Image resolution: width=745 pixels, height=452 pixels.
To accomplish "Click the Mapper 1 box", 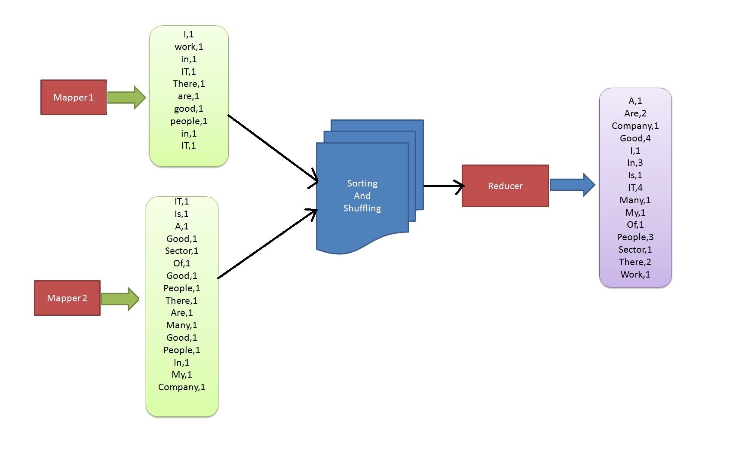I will pos(74,98).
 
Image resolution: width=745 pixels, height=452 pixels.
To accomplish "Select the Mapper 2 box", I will pos(67,298).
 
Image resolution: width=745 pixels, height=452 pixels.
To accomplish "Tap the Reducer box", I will pos(505,186).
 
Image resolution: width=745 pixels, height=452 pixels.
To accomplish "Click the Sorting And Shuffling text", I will pos(362,196).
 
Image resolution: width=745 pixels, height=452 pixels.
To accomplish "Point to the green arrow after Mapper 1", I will pos(126,98).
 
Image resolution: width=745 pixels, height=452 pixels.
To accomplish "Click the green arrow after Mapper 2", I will pos(120,299).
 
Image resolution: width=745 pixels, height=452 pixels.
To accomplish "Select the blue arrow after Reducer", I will pos(572,185).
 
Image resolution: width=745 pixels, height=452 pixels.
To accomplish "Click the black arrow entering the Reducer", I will pos(443,186).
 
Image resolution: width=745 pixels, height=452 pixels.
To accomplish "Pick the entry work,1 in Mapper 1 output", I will pos(189,47).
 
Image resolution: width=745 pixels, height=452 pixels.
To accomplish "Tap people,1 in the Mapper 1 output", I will pos(189,121).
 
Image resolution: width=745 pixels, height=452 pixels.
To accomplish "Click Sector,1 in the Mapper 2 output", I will pos(181,251).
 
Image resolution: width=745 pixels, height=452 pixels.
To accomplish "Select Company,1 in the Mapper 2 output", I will pos(181,387).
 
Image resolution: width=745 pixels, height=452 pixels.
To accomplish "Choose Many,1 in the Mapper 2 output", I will pos(181,325).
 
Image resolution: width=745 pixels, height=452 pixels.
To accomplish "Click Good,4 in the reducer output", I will pos(635,138).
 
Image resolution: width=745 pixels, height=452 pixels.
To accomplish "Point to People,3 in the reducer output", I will pos(635,237).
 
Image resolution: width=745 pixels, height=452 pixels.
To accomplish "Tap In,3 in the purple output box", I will pos(635,163).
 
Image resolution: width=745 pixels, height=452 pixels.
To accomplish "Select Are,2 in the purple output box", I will pos(635,113).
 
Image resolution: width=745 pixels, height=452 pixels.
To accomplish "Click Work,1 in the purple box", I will pos(635,275).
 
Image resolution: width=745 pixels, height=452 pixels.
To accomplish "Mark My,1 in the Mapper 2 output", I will pos(181,375).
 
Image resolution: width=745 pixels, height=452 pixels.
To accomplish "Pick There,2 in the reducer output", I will pos(635,262).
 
